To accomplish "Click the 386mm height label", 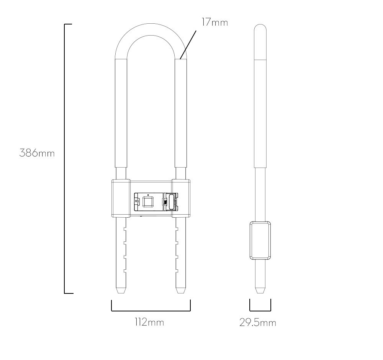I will pos(37,153).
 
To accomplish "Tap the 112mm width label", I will pos(149,323).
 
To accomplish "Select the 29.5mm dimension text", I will pos(257,323).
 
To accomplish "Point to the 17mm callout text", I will pos(214,23).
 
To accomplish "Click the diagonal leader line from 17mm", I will pos(188,44).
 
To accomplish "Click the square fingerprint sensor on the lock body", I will pos(147,201).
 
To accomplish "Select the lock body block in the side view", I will pos(260,240).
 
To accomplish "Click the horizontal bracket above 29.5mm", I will pos(260,310).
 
